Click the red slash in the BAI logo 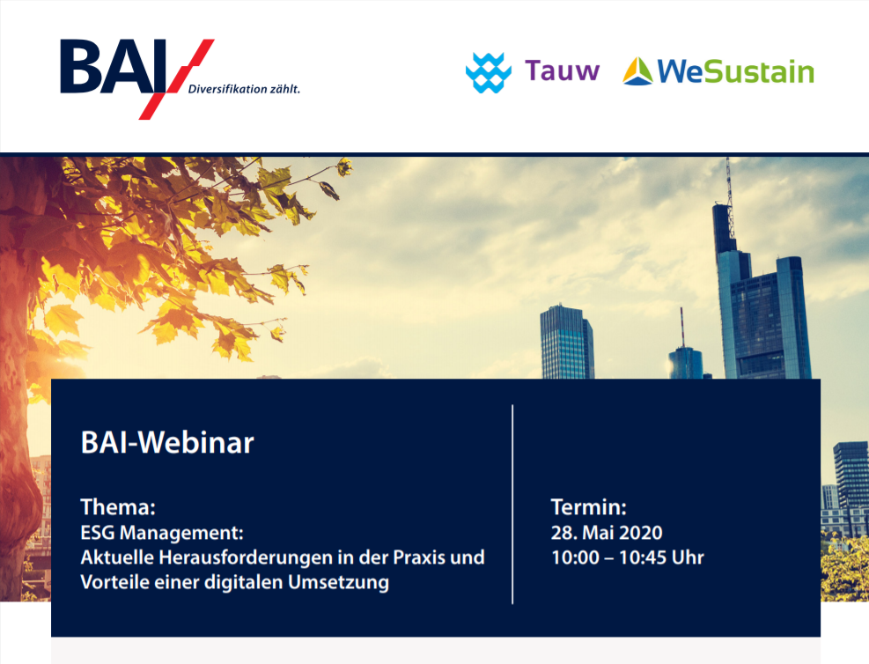pos(176,78)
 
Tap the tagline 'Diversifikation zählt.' pos(244,89)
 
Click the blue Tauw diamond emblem pos(489,72)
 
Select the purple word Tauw pos(562,71)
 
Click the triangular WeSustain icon pos(637,71)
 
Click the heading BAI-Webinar pos(167,442)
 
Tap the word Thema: pos(118,506)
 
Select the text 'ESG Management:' pos(162,533)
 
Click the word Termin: pos(588,506)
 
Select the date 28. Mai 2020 pos(607,533)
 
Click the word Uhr pos(688,557)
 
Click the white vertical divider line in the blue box pos(512,505)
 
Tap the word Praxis pos(419,557)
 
